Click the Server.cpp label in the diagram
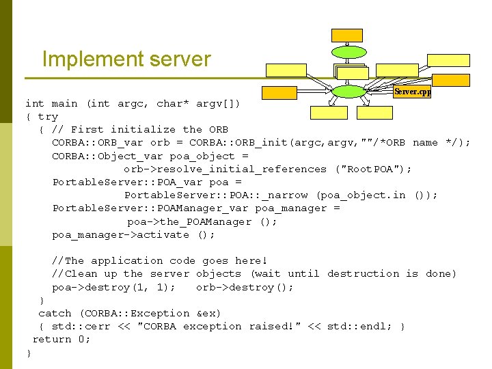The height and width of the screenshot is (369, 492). pyautogui.click(x=413, y=92)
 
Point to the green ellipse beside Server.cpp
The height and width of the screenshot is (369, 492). pyautogui.click(x=348, y=92)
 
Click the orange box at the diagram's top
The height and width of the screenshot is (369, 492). pyautogui.click(x=347, y=36)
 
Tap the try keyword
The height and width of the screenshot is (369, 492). pyautogui.click(x=48, y=117)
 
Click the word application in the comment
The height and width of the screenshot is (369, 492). pyautogui.click(x=126, y=261)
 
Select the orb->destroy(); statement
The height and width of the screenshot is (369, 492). pyautogui.click(x=245, y=288)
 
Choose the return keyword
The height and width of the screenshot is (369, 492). pyautogui.click(x=52, y=340)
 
